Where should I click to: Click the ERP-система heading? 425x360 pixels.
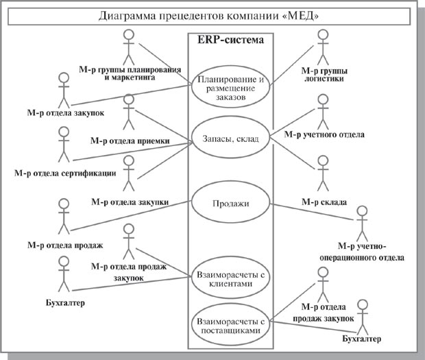coord(230,40)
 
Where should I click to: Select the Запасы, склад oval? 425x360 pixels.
coord(230,140)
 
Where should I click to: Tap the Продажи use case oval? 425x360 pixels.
coord(230,204)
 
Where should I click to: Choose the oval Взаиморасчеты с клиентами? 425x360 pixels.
coord(230,277)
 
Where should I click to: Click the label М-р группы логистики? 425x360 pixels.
coord(324,74)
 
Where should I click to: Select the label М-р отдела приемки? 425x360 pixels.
coord(130,141)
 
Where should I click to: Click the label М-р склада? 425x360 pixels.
coord(322,203)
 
